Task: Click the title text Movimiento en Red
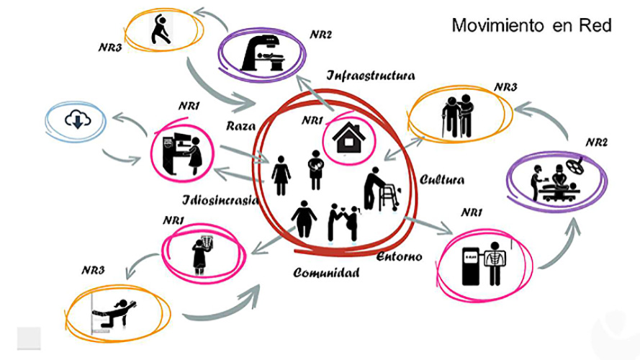(531, 25)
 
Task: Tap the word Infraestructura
(371, 76)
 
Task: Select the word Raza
(241, 126)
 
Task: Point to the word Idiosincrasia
(220, 200)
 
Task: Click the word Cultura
(441, 179)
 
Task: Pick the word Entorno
(399, 257)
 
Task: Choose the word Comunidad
(326, 273)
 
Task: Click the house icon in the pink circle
(348, 138)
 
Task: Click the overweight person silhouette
(304, 219)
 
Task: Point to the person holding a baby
(315, 170)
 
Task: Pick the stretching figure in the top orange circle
(160, 30)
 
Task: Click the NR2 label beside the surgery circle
(596, 143)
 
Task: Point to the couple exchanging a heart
(343, 223)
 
